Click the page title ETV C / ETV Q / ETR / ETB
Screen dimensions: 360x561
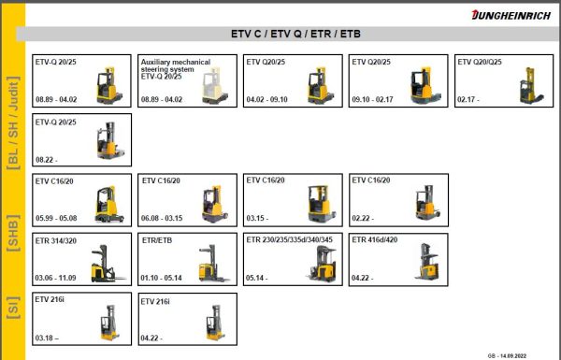point(295,35)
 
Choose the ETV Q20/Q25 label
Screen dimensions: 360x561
point(480,63)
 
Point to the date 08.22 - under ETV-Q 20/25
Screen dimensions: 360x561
point(48,159)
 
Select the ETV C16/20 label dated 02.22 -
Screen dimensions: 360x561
point(372,180)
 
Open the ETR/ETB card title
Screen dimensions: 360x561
point(157,240)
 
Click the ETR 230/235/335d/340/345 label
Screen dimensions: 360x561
point(291,239)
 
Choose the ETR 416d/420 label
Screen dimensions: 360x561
point(374,240)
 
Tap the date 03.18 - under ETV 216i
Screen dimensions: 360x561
point(48,337)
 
